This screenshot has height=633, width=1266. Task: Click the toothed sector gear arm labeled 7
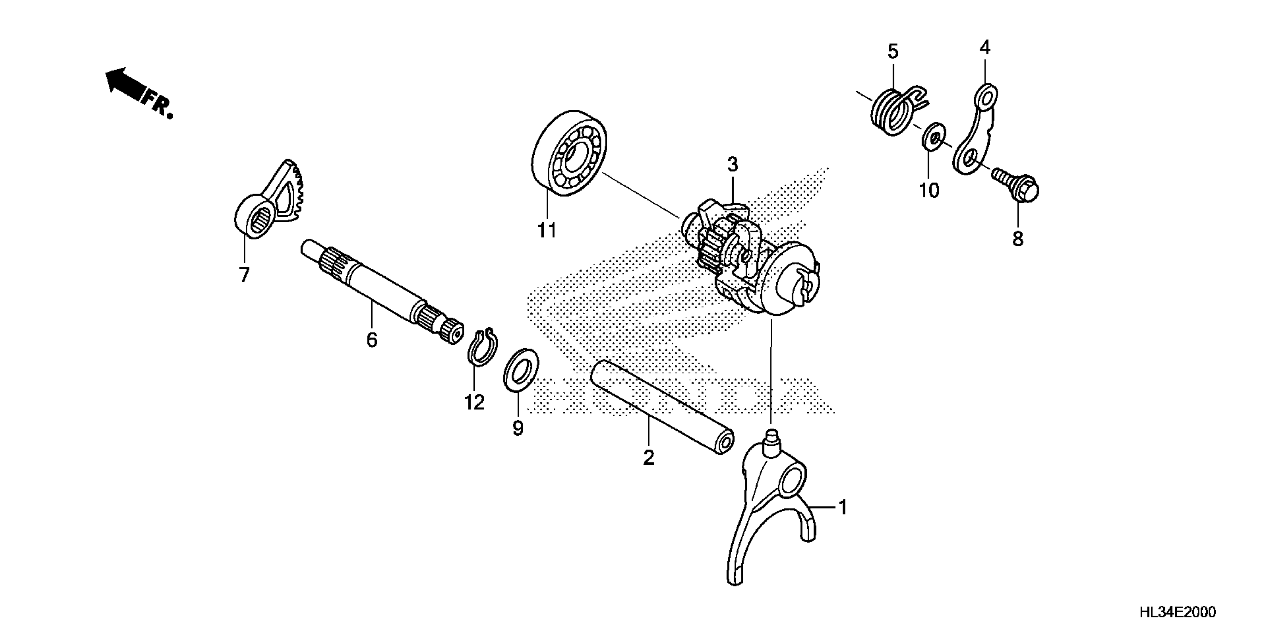tap(269, 201)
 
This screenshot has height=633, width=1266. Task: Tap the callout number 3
tap(732, 165)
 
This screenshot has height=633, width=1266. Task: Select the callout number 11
tap(547, 230)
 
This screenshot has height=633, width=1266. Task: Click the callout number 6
tap(372, 340)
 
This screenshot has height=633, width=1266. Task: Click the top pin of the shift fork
tap(771, 435)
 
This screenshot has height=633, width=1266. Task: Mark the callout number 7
tap(244, 275)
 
